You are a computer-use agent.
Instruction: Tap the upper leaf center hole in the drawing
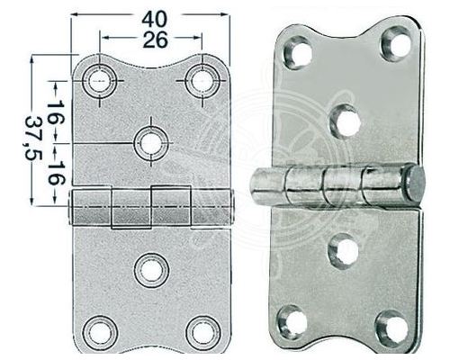pos(150,142)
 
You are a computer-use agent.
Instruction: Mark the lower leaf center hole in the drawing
pos(150,269)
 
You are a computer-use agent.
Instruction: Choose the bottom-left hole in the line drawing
pos(99,331)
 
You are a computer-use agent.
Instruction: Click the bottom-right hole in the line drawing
pos(202,331)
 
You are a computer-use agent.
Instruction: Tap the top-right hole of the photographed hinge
pos(394,43)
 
